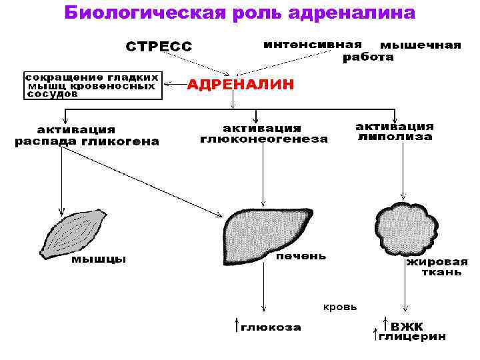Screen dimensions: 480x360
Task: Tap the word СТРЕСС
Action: (159, 46)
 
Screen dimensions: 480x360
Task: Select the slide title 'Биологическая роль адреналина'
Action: (239, 13)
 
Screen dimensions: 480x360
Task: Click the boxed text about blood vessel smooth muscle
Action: (93, 85)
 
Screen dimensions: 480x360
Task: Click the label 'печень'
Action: (301, 255)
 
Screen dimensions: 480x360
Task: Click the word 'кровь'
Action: (340, 307)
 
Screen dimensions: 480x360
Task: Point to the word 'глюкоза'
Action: (271, 327)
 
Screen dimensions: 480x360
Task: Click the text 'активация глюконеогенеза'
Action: (264, 134)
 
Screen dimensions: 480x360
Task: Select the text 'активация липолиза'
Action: (395, 131)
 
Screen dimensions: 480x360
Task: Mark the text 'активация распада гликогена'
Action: (87, 135)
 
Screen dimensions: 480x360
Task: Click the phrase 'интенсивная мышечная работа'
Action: (362, 50)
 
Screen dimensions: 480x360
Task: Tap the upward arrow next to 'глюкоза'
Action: (236, 325)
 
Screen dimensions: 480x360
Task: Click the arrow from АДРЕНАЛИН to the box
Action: (175, 85)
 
